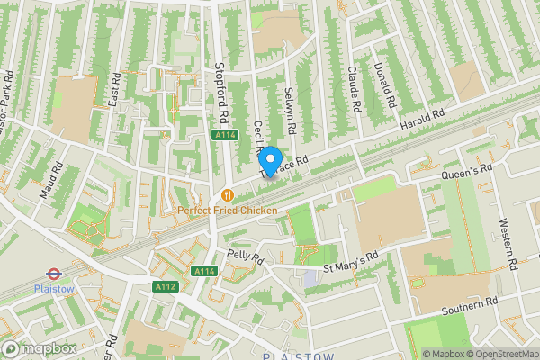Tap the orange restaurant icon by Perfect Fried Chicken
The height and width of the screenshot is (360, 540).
pyautogui.click(x=227, y=193)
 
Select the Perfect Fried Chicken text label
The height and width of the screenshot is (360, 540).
pyautogui.click(x=227, y=210)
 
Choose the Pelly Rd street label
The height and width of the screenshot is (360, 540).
pyautogui.click(x=245, y=257)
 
